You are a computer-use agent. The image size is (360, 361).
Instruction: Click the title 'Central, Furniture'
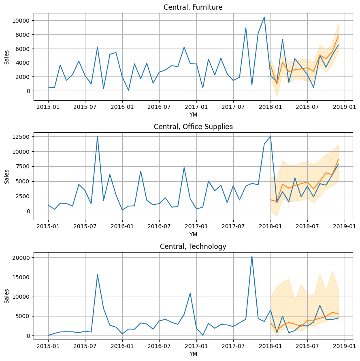(193, 7)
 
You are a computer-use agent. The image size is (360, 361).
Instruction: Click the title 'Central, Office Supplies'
(193, 127)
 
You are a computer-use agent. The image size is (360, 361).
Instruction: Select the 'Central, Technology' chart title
(193, 246)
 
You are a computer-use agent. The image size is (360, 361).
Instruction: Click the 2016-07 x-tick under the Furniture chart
(159, 107)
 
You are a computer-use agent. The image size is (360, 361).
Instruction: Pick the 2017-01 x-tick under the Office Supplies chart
(196, 227)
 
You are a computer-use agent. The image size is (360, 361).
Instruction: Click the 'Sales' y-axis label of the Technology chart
(7, 296)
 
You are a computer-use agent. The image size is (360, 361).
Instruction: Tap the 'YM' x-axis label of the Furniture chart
(193, 115)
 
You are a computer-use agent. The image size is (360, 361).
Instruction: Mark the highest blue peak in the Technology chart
(252, 256)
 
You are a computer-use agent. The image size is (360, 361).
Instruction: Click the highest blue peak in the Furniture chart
(264, 17)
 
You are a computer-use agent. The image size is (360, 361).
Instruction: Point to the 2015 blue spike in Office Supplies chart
(98, 137)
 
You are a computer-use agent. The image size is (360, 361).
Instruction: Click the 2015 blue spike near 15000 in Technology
(98, 275)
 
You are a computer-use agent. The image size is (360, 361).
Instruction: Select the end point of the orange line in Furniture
(338, 36)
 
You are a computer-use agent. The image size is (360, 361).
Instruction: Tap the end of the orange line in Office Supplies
(338, 159)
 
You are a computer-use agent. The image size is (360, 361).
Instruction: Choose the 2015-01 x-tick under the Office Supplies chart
(48, 227)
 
